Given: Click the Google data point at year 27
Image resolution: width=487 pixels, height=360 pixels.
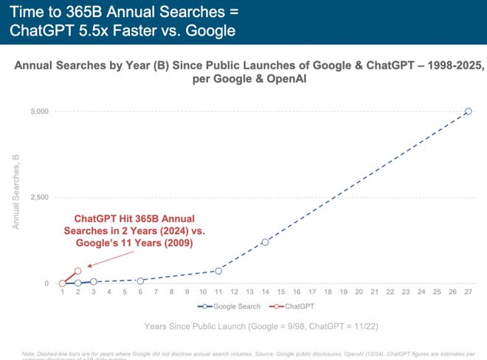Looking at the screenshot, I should tap(468, 111).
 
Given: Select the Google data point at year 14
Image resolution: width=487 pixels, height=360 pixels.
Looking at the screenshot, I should tap(265, 242).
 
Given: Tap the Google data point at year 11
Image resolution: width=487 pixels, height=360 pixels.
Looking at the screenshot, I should tap(218, 271).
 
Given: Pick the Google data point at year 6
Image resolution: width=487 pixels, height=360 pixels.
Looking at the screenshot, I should tap(140, 280).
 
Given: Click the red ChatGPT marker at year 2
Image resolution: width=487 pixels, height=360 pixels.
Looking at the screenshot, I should tap(78, 271).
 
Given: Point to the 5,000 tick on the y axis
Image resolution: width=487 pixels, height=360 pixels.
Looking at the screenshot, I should tap(38, 111).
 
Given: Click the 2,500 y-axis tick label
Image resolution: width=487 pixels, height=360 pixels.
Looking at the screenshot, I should tap(38, 198).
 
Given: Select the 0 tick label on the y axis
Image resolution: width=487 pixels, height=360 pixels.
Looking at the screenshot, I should tap(46, 284).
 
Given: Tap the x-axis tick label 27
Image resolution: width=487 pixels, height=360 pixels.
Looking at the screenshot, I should tap(468, 292).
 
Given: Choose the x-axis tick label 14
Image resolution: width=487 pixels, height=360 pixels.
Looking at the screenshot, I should tap(265, 292).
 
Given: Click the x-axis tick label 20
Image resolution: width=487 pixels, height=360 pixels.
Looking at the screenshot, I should tap(359, 292).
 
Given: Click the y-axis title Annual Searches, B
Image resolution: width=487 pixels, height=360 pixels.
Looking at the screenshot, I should tap(15, 192).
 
